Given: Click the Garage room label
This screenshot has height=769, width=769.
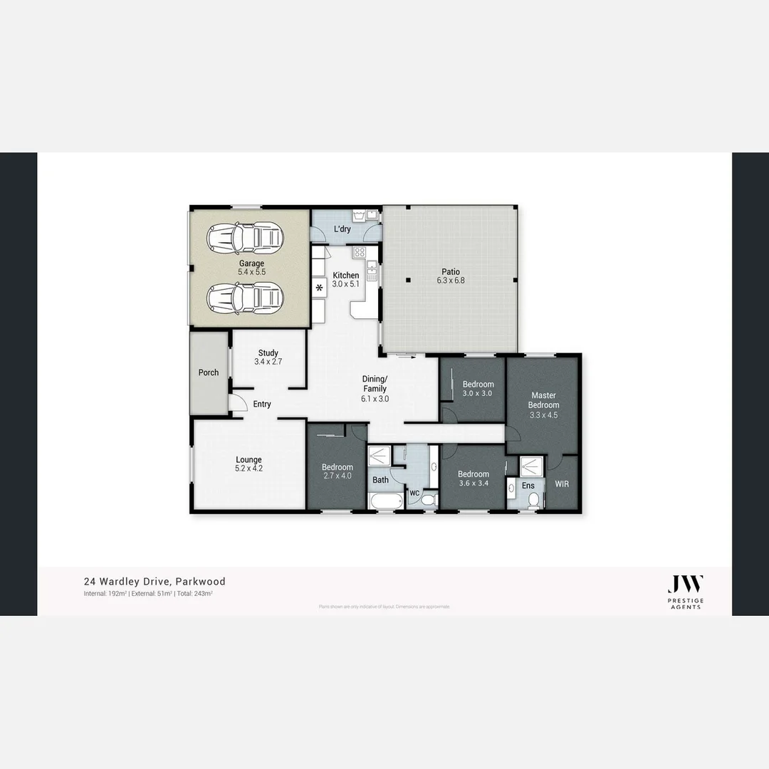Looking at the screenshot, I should coord(251,268).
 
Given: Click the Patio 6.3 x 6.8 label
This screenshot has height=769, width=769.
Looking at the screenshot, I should coord(450,276).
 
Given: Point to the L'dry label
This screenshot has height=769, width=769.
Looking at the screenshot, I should coord(342,229).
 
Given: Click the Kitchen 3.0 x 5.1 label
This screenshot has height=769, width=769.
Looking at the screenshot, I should coord(346,280).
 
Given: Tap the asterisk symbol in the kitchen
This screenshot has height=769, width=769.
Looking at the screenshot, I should coord(320,288).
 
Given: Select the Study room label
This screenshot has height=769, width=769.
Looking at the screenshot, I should coord(268,357).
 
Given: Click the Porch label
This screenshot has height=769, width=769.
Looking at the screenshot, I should coord(209,372).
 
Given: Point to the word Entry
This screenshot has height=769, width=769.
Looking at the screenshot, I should coord(262,404).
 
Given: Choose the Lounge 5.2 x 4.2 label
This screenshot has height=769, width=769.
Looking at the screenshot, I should coord(249,464).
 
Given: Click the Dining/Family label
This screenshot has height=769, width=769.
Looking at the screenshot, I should coord(375,389).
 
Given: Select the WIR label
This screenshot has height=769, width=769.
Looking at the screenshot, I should coord(562,483).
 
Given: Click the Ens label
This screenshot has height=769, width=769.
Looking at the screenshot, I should coord(528,486).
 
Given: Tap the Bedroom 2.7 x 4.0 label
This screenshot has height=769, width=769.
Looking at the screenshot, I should coord(337,472).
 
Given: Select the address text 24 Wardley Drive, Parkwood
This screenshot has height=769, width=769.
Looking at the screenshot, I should coord(155,582).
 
